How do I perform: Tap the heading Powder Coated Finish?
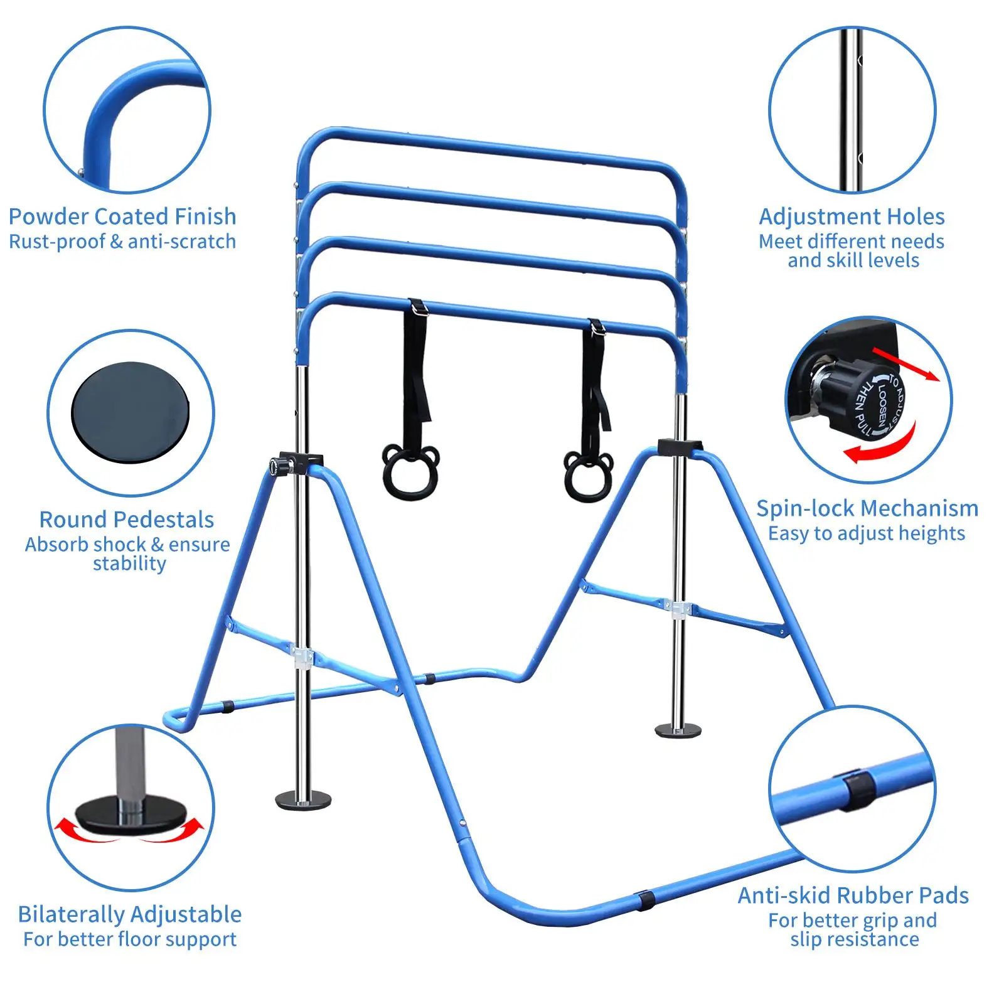(122, 216)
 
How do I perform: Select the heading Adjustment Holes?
(852, 216)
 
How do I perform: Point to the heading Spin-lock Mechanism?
(867, 508)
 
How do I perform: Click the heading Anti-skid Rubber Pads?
(853, 895)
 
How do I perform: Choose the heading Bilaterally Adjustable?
(130, 914)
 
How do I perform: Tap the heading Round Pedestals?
(127, 520)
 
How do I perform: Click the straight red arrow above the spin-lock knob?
(906, 365)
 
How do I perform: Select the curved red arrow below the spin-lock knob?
(881, 446)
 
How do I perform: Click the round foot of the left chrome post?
(304, 800)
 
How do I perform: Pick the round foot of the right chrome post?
(678, 730)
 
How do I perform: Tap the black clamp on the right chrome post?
(680, 447)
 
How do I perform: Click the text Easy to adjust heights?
(867, 533)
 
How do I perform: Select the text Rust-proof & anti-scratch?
(122, 242)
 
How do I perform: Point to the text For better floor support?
(130, 939)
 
